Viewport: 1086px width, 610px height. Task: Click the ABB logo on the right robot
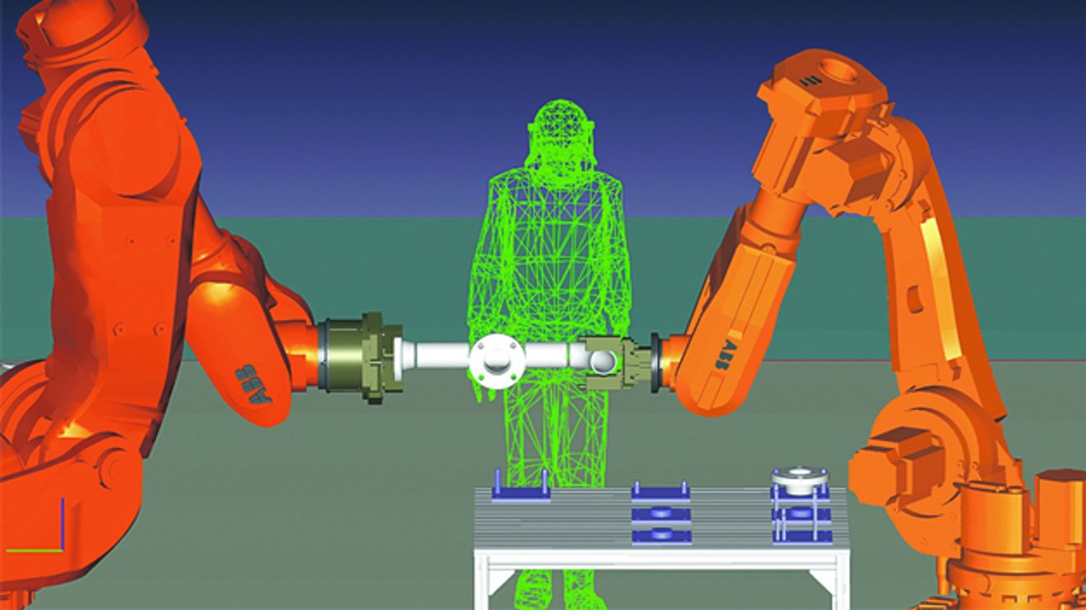[x=725, y=356]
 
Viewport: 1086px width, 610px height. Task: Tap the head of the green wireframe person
[x=560, y=128]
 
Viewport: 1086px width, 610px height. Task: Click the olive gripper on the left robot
[x=362, y=357]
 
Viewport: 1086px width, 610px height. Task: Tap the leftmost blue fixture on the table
[x=521, y=488]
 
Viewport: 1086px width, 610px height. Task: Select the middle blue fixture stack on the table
[x=661, y=513]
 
